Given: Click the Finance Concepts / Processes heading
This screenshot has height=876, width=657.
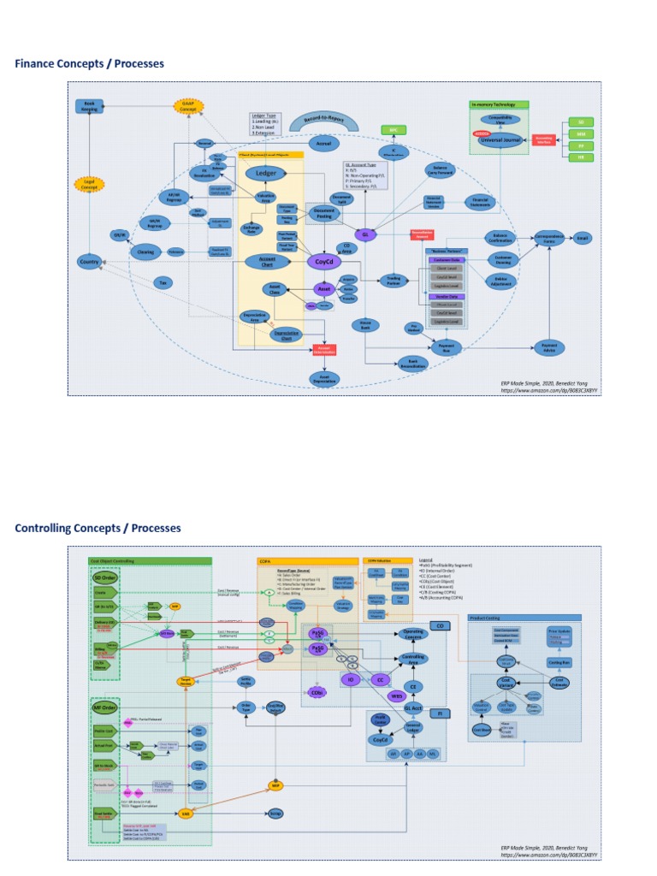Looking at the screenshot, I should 89,64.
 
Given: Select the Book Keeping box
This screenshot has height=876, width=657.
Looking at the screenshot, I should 90,106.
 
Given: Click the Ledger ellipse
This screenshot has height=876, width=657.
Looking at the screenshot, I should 263,174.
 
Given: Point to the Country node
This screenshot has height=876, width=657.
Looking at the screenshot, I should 89,261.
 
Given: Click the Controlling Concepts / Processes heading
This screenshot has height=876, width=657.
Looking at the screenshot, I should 98,528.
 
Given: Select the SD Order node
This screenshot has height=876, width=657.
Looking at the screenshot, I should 104,578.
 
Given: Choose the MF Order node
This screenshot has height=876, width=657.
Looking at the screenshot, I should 104,707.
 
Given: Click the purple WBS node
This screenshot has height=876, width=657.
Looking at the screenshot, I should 396,695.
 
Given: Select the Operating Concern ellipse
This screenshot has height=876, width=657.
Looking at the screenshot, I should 412,634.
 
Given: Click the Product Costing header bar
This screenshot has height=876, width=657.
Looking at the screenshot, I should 524,617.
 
